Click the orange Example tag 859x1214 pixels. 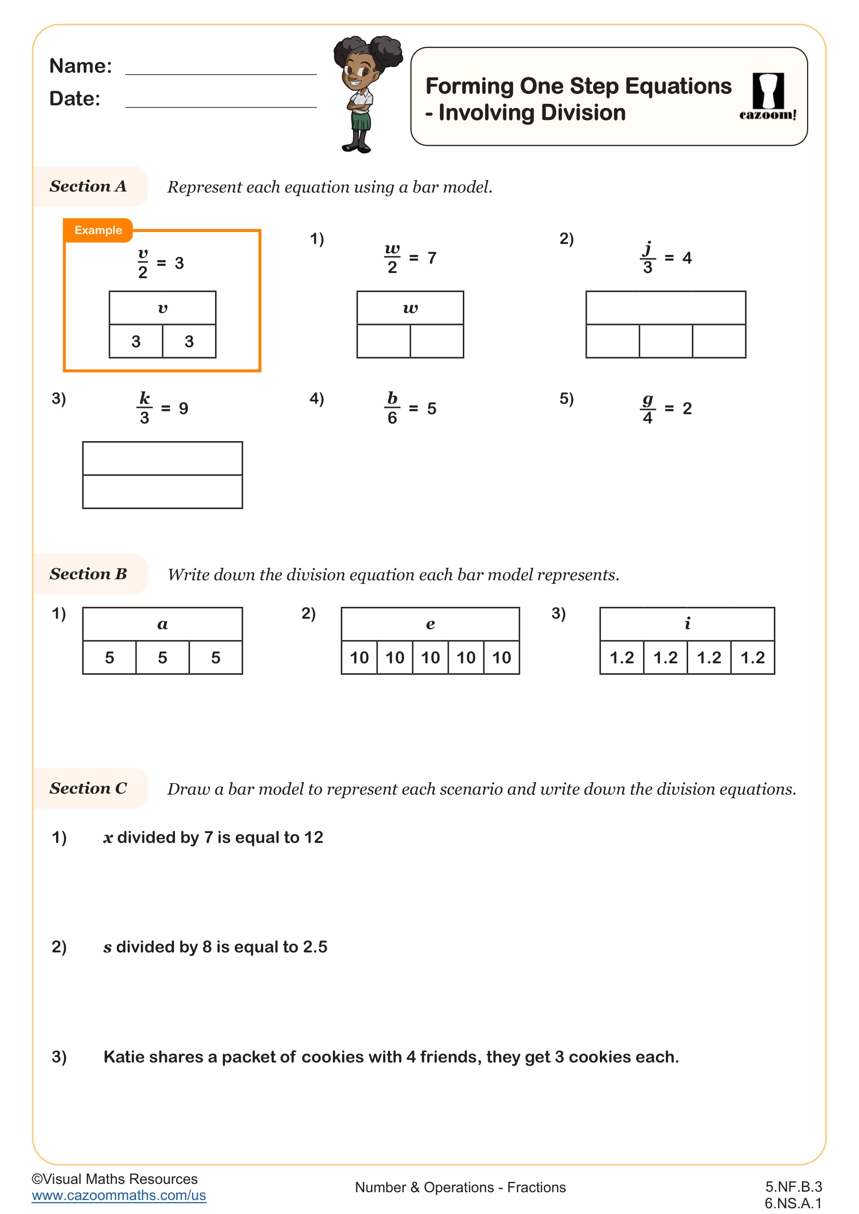[98, 230]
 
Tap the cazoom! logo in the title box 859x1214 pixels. [768, 97]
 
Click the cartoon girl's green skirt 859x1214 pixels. [361, 121]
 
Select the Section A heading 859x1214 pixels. [88, 186]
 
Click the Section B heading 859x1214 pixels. [88, 574]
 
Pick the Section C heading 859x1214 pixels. [88, 788]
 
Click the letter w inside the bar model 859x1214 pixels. [410, 308]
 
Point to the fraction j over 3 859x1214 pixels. [648, 258]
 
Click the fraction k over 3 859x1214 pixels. [144, 408]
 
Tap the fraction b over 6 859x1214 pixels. [392, 408]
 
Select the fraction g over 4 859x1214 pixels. [648, 408]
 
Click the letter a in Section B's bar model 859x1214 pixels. [163, 624]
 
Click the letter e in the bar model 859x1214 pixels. [431, 624]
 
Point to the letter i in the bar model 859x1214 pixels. [687, 624]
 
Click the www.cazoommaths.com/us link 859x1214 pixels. [119, 1195]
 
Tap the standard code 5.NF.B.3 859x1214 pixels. [793, 1186]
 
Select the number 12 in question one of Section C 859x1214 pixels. [313, 838]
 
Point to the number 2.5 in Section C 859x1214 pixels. [315, 947]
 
